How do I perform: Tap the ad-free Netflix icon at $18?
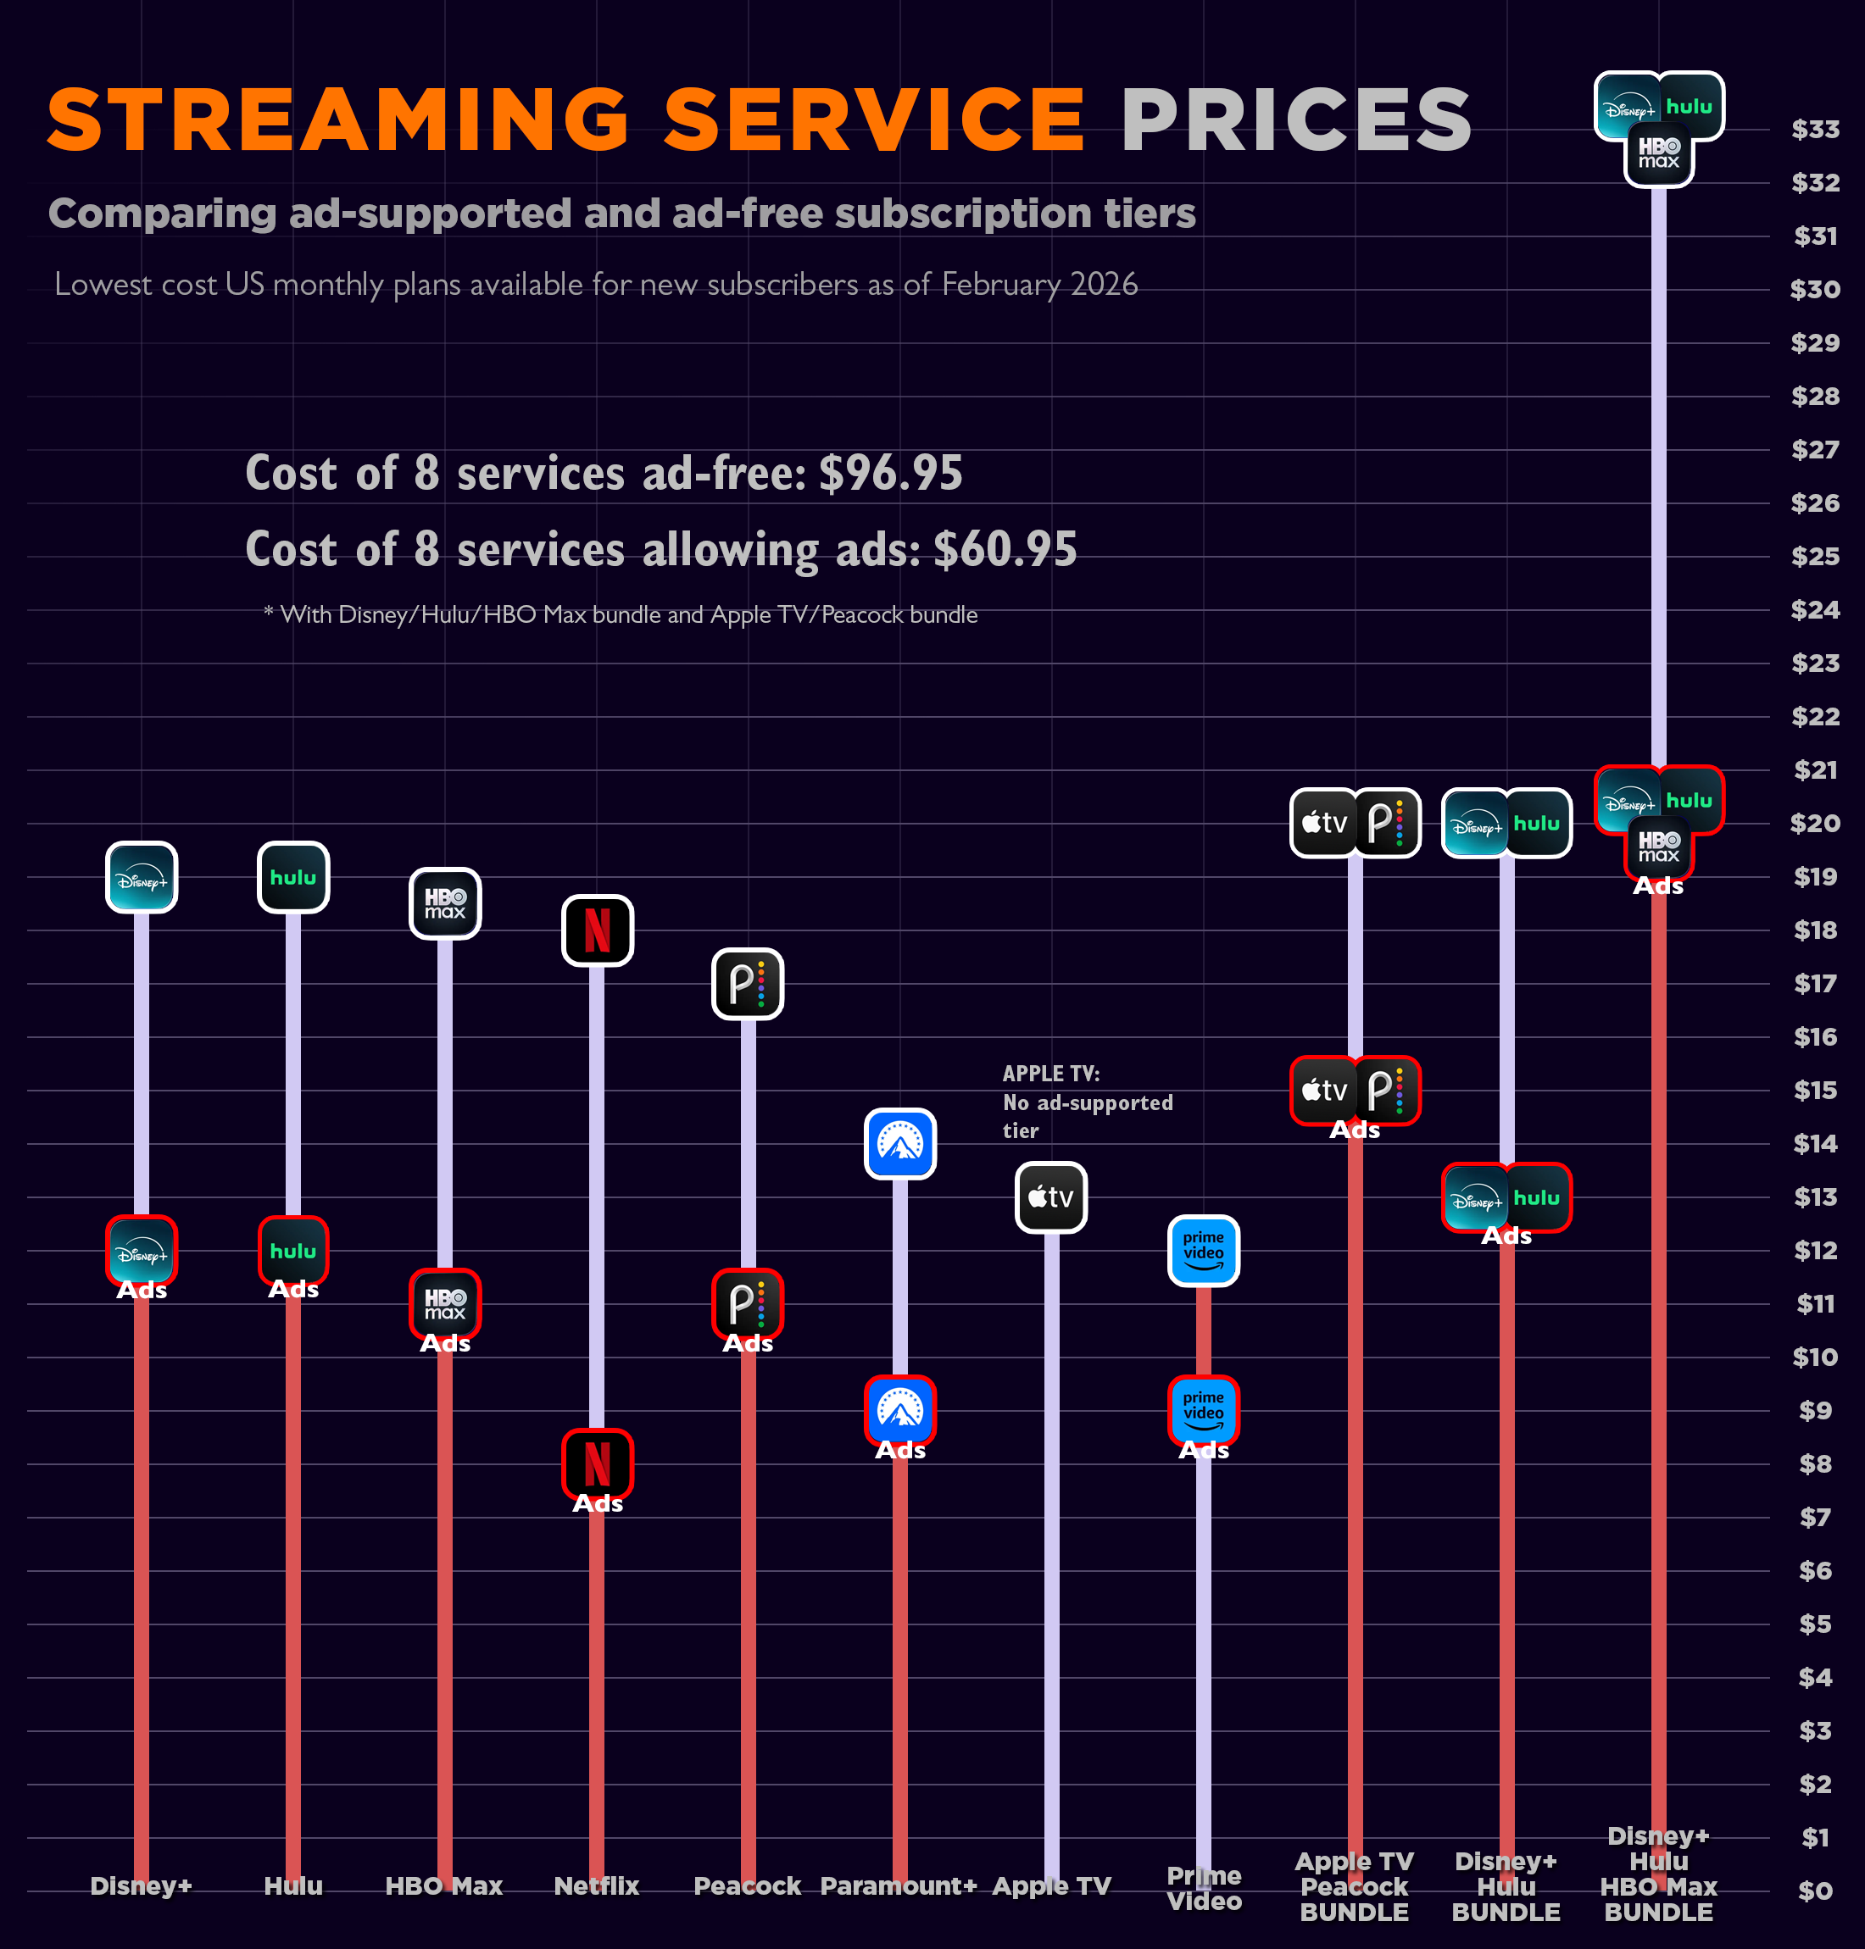597,930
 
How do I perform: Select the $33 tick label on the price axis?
1814,129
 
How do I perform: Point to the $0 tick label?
1814,1891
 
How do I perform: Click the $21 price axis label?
1814,769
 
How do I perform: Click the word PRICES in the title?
1295,120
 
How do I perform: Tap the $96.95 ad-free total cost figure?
891,472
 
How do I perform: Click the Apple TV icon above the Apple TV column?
1051,1197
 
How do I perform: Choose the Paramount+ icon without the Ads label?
899,1143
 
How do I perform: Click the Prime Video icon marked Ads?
1203,1410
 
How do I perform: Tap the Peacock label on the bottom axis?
747,1885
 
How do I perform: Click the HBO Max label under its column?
443,1885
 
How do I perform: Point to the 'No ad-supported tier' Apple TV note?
1087,1102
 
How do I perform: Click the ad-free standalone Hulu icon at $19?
293,876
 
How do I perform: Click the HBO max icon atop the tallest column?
1658,153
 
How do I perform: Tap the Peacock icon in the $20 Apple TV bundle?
1387,822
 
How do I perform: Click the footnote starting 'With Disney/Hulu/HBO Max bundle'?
621,614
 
